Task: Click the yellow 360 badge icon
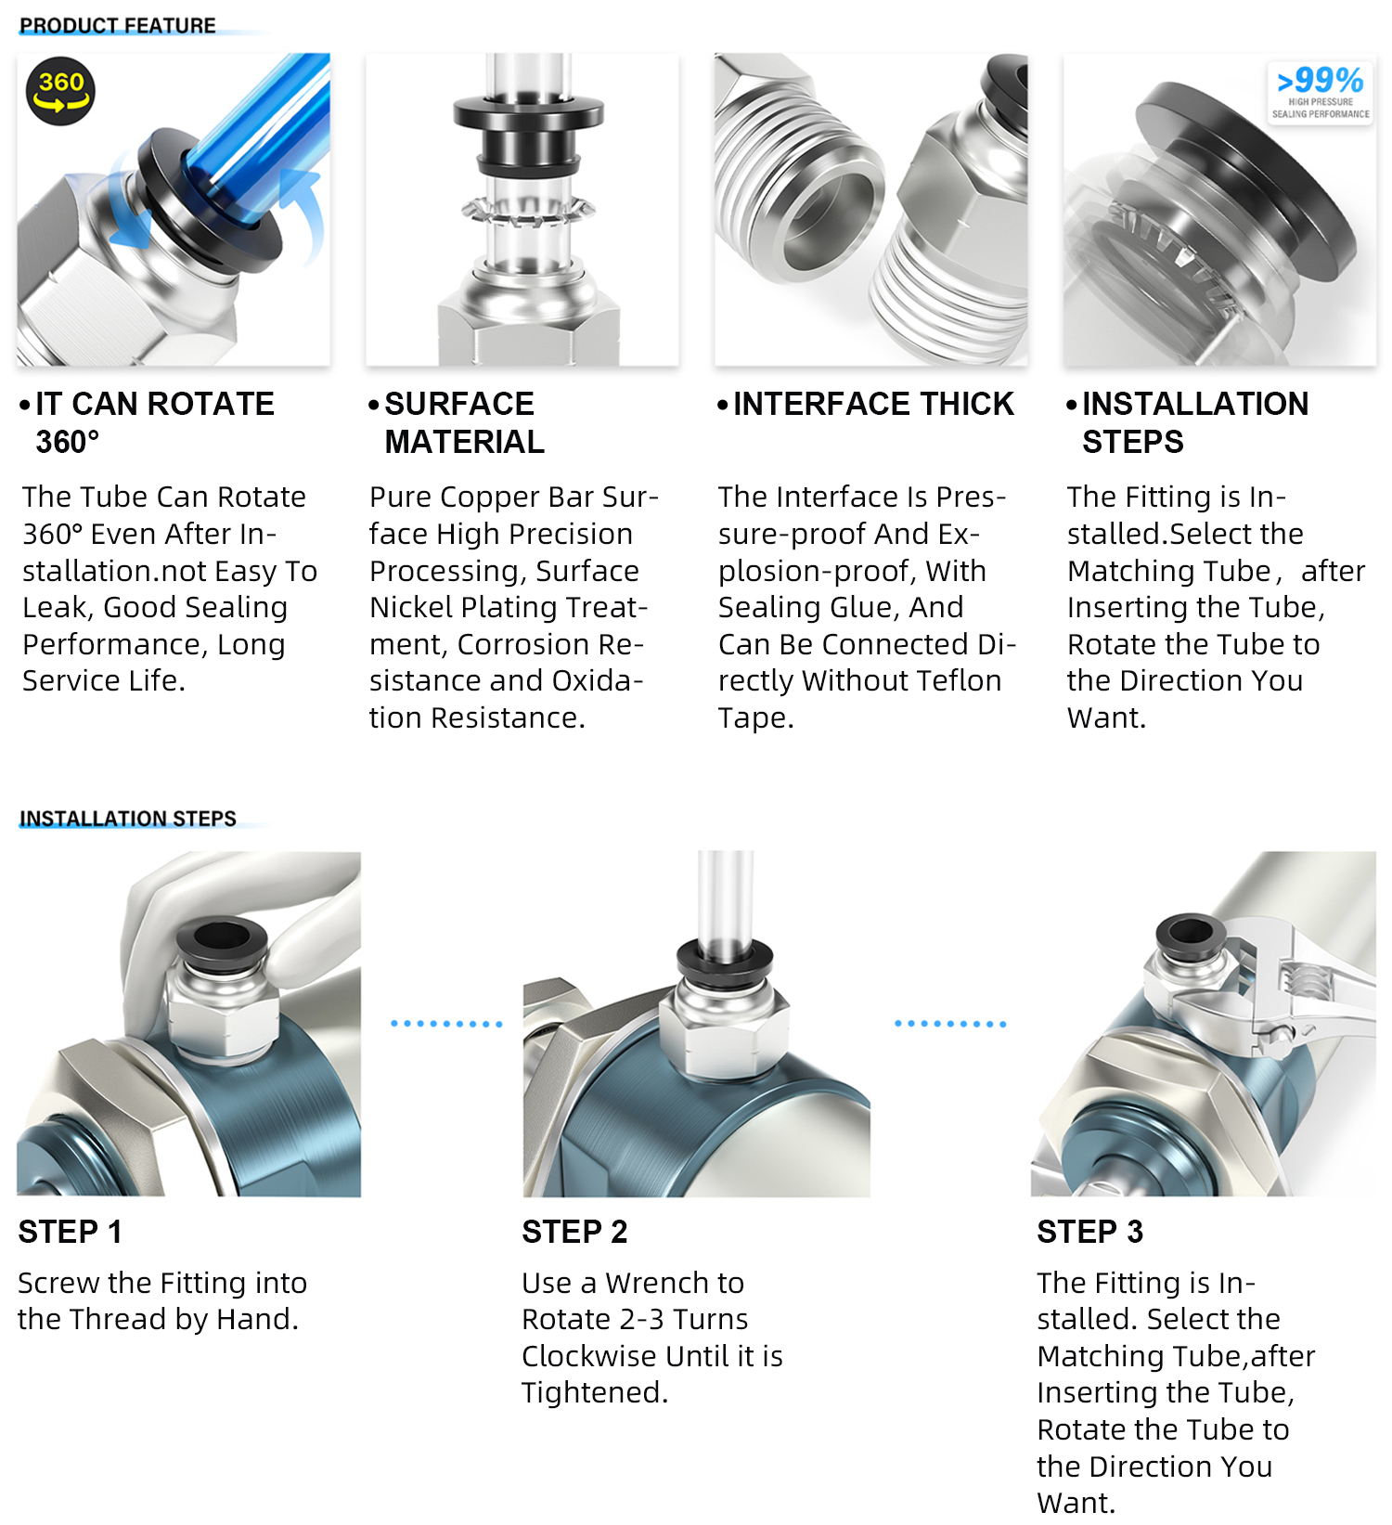click(60, 92)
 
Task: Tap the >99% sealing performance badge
click(1320, 92)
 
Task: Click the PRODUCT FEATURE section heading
click(118, 26)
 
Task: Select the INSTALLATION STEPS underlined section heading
click(128, 819)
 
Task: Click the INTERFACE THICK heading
click(873, 404)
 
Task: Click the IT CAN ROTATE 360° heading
click(154, 422)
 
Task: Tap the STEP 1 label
click(71, 1232)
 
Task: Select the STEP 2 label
click(574, 1232)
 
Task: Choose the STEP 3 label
click(1089, 1232)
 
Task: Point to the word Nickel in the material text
click(410, 607)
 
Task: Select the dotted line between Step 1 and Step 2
click(446, 1024)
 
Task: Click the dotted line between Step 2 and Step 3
click(950, 1024)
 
